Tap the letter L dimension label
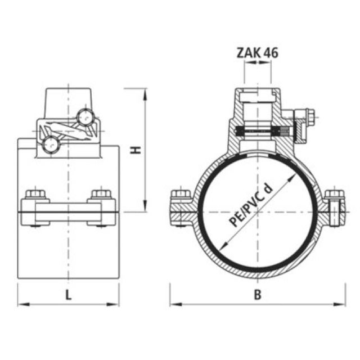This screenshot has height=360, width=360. [68, 294]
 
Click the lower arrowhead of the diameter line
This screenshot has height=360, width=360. [224, 249]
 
